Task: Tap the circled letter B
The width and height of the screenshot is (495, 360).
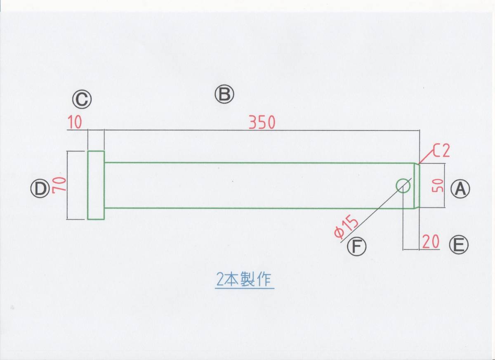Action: [x=224, y=95]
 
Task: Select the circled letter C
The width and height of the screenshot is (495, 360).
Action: [x=82, y=99]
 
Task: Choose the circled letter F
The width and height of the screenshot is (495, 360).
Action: [x=357, y=246]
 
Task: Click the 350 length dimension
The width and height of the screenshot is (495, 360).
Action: [x=262, y=123]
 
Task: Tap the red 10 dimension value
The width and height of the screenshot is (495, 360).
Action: [x=74, y=123]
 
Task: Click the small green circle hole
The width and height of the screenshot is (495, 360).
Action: [x=403, y=185]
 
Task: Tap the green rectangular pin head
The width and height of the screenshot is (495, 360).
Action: [x=96, y=185]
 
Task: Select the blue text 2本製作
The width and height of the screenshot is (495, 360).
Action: [x=245, y=280]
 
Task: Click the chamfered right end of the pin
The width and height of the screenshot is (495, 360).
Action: [x=417, y=185]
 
